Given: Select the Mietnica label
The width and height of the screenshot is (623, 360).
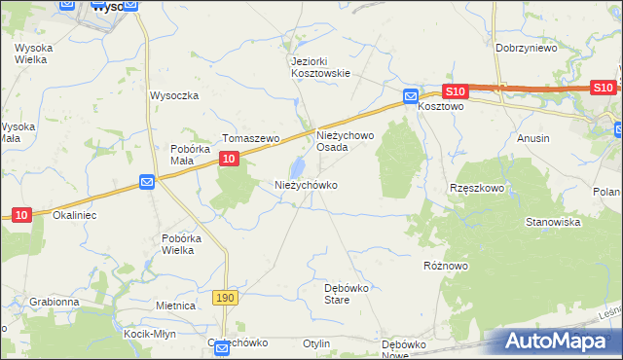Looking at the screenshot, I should [x=176, y=306].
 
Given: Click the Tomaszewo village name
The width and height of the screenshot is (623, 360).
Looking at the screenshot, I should [x=251, y=139].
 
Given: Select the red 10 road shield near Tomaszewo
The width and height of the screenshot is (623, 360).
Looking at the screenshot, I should [x=228, y=158].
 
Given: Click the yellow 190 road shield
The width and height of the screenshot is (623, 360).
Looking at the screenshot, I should [x=225, y=297].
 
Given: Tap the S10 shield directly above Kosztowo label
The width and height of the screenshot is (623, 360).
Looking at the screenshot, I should [x=458, y=91].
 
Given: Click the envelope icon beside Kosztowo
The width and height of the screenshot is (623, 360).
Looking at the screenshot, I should [x=411, y=97].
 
